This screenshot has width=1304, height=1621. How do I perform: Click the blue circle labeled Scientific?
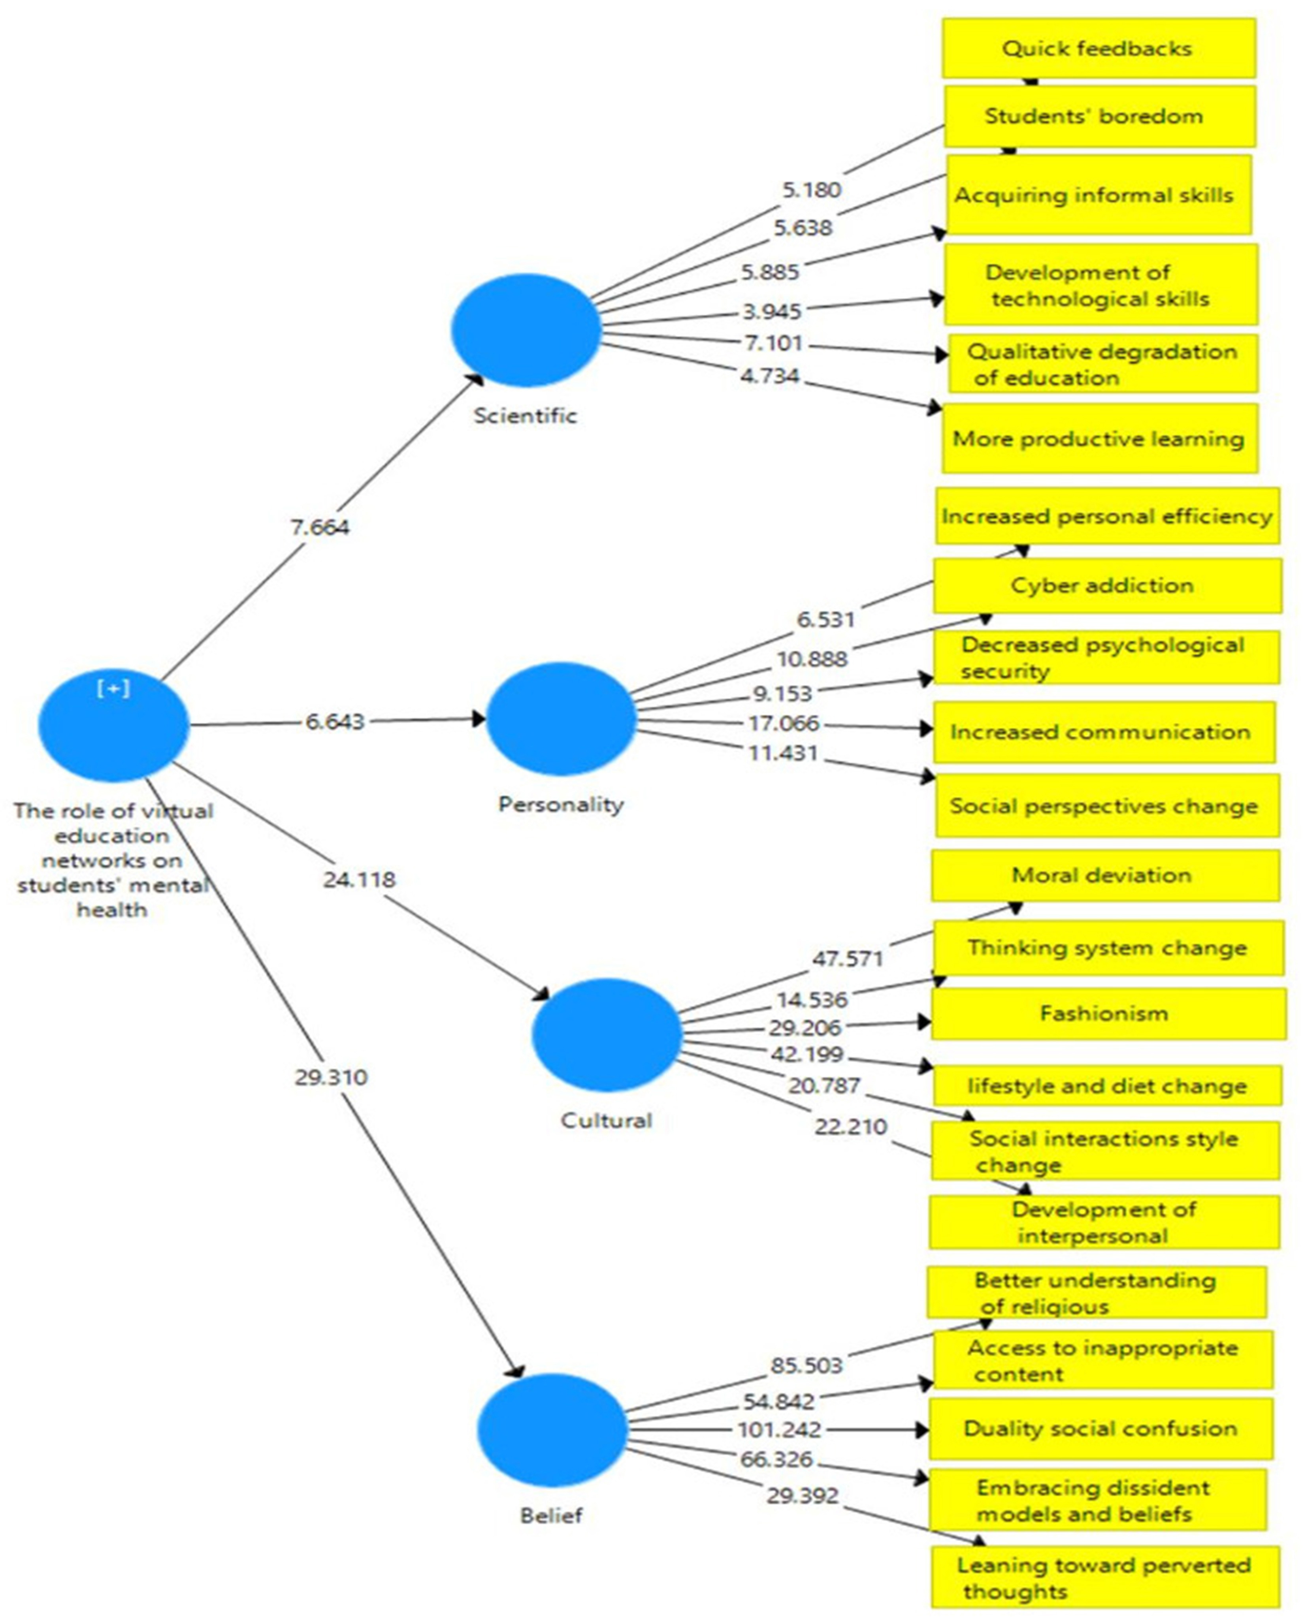(526, 330)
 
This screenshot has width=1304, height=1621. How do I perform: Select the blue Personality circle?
(561, 719)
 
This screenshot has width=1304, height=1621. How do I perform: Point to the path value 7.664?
(320, 527)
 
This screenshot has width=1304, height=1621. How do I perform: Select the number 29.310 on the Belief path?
(331, 1078)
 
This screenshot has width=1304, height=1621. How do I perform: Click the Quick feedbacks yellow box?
(1099, 48)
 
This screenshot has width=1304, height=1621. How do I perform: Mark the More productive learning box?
(1099, 438)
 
